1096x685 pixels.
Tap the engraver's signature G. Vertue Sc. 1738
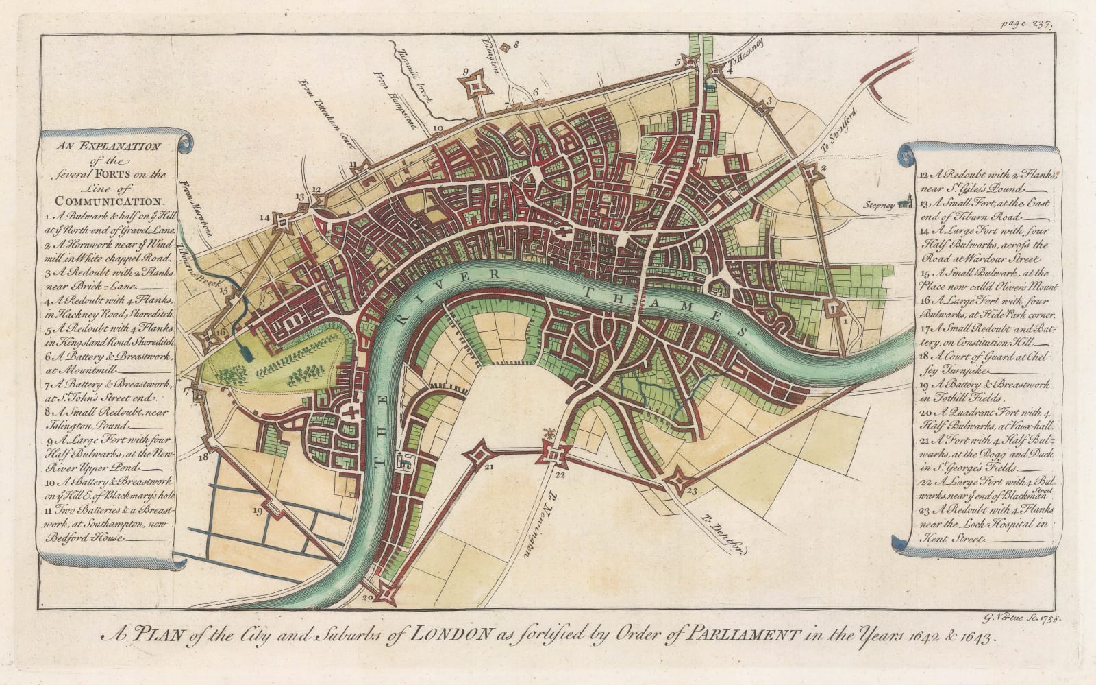click(x=1019, y=619)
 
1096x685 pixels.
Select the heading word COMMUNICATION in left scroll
click(x=103, y=202)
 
